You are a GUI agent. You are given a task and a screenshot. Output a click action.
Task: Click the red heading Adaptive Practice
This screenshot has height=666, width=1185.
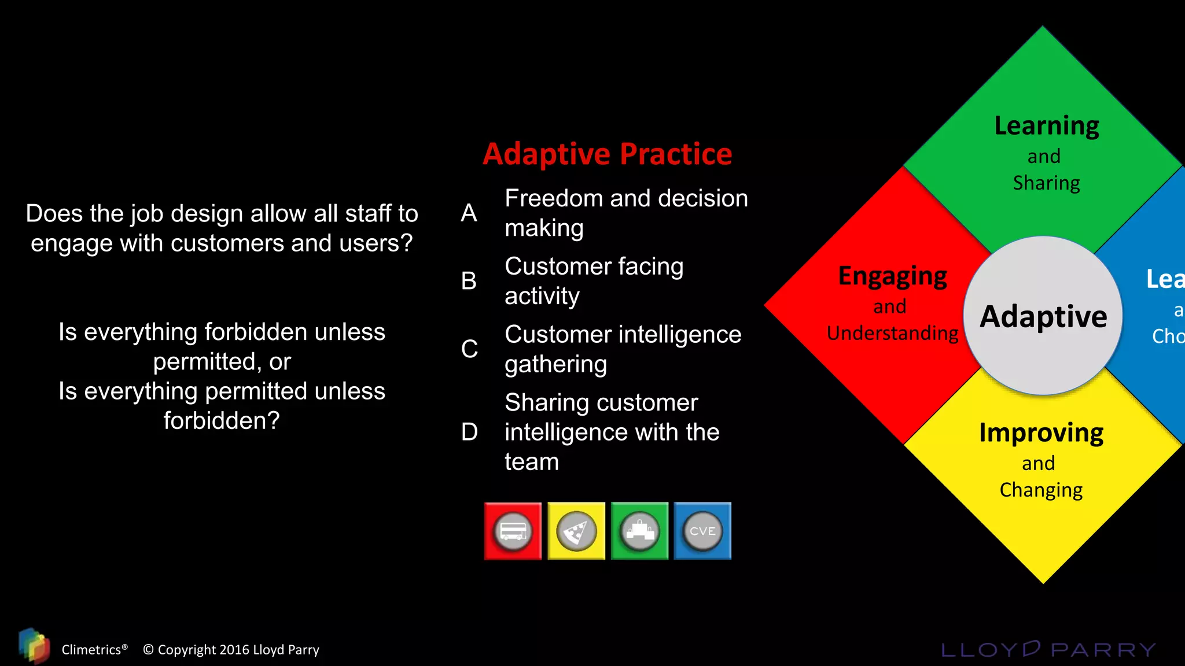coord(608,154)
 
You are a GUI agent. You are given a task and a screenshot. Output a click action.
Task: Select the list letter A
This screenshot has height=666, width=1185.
coord(469,213)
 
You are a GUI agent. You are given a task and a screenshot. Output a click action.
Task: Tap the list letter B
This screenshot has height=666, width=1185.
coord(469,281)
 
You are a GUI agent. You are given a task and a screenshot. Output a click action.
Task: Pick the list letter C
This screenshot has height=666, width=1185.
coord(469,349)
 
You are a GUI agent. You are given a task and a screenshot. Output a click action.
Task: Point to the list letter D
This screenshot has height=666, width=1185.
coord(469,432)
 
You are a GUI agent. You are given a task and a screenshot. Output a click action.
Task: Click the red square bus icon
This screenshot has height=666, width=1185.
coord(513,531)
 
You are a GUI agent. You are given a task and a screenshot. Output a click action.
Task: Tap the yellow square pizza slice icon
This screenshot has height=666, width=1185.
coord(576,531)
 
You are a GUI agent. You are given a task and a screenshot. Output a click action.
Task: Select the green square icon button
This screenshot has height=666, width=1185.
coord(639,531)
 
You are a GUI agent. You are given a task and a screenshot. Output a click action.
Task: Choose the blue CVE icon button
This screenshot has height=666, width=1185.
coord(702,531)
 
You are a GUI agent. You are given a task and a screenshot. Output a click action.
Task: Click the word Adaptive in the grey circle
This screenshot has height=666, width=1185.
coord(1043,317)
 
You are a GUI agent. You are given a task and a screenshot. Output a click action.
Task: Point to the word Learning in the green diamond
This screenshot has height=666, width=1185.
coord(1047,127)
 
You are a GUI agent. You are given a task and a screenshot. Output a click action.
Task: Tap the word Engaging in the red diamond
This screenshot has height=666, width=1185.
coord(892,277)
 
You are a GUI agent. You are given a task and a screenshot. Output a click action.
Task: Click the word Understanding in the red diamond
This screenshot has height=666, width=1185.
coord(892,334)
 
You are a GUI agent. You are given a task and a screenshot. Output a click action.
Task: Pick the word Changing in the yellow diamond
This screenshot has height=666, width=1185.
coord(1041,490)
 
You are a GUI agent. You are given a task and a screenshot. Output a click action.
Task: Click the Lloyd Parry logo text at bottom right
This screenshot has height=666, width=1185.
coord(1048,650)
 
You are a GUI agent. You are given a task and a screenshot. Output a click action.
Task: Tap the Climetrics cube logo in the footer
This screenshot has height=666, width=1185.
coord(34,646)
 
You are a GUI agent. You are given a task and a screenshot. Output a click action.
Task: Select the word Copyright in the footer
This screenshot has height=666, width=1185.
coord(187,650)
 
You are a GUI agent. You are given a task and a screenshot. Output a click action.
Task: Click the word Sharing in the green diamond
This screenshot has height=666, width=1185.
coord(1046,183)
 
